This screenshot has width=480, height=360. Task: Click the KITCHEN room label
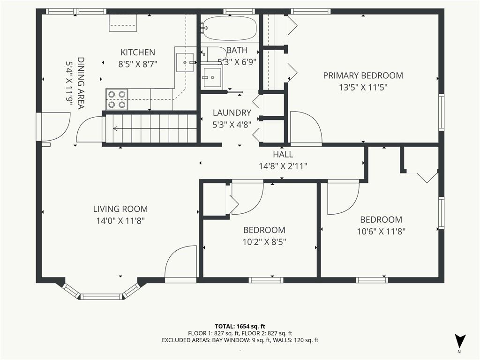point(138,52)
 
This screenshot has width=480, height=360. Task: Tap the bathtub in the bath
point(230,28)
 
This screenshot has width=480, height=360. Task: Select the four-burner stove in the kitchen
point(117,99)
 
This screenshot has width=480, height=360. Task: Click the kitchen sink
point(185,62)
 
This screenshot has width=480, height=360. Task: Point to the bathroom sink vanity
point(211,77)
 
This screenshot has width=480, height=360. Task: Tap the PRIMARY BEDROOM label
point(363,75)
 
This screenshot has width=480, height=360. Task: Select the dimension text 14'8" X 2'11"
point(283,166)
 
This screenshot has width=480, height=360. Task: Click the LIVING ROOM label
point(120,209)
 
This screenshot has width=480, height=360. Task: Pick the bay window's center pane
point(101,296)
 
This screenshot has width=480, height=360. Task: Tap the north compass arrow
point(460,340)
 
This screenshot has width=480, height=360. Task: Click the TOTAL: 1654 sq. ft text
point(238,326)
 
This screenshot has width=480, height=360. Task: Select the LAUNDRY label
point(232,113)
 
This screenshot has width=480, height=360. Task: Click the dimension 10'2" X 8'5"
point(264,242)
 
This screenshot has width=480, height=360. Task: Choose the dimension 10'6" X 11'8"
point(381,232)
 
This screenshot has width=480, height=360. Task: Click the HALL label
point(283,154)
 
